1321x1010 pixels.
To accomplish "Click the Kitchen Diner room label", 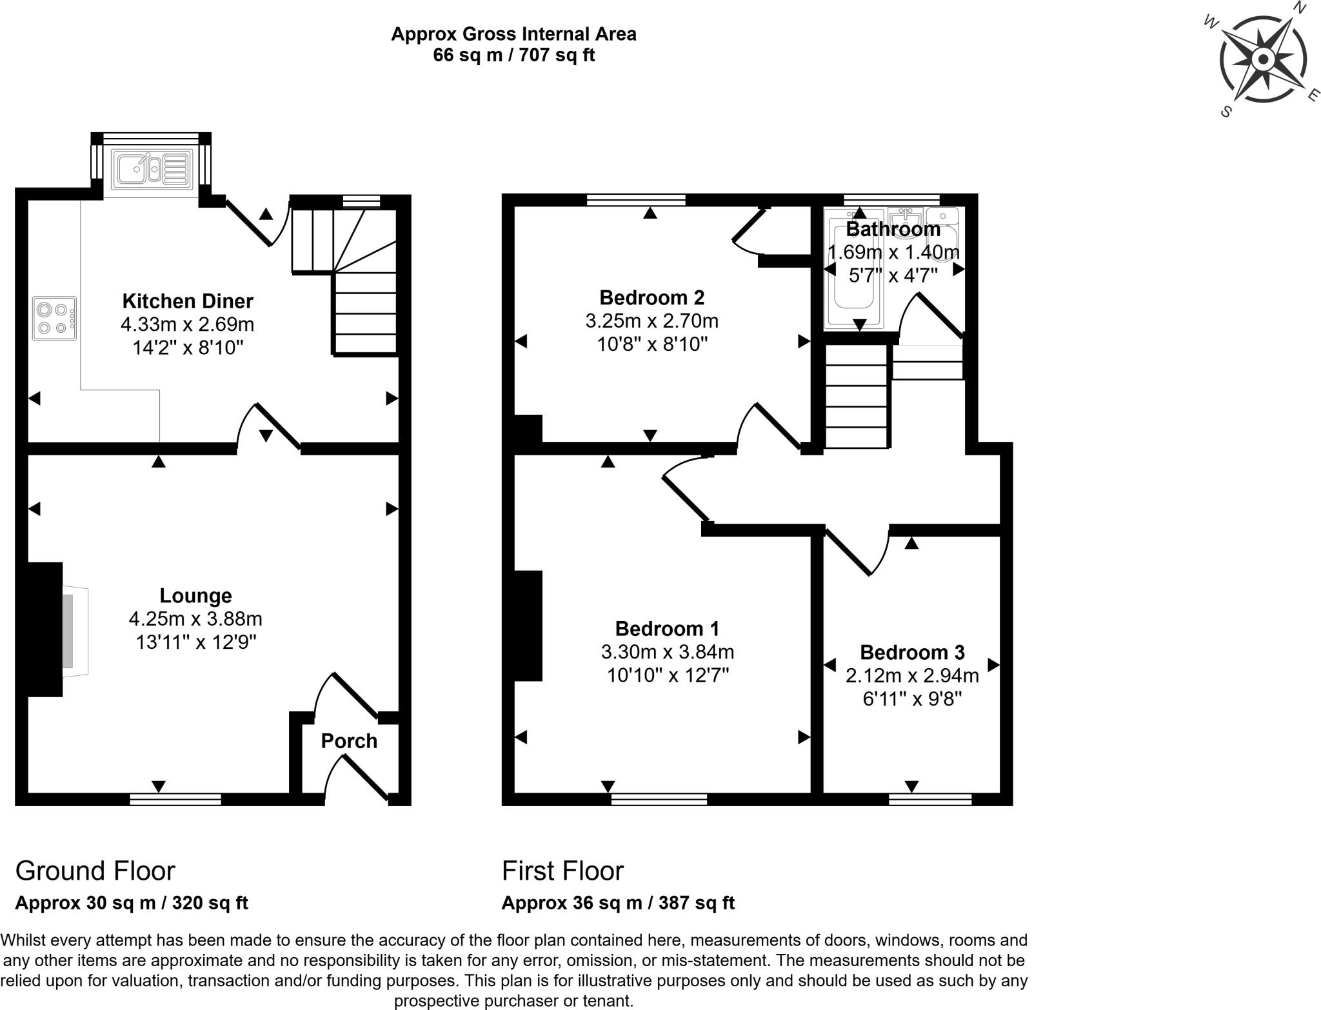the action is click(188, 301).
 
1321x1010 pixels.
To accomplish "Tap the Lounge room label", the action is click(195, 596).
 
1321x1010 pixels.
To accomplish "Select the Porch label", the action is click(349, 741).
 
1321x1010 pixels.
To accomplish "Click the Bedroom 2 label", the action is click(651, 297).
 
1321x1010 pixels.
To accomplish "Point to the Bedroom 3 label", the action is click(912, 653).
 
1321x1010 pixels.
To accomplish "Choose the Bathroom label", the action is click(893, 229).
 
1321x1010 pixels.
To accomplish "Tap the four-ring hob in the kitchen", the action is click(55, 319).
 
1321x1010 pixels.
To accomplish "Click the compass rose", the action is click(1262, 60).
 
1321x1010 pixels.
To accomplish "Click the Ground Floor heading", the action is click(95, 871).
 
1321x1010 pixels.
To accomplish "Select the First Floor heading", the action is click(562, 871).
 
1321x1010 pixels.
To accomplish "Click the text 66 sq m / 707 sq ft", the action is click(513, 55).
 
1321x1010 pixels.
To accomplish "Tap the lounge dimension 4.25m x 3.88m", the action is click(195, 619).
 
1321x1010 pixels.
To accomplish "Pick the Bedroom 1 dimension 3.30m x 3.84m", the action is click(668, 652).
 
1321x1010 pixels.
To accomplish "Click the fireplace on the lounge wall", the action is click(58, 630).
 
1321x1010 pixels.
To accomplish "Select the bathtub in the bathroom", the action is click(853, 268).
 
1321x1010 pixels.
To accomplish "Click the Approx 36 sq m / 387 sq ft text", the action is click(618, 903).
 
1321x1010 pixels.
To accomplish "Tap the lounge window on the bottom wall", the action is click(175, 800).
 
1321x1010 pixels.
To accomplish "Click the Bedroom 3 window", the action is click(930, 800).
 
